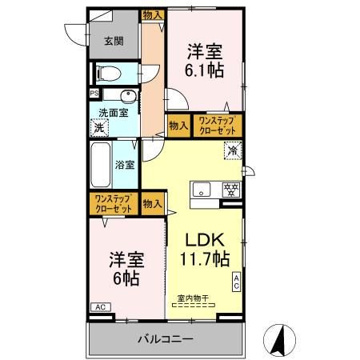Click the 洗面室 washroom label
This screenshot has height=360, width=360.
114,113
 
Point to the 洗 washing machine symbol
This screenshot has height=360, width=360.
99,127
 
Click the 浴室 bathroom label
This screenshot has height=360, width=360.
125,166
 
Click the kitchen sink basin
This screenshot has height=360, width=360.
202,190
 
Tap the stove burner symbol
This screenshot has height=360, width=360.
230,190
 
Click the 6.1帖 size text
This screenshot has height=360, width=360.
205,70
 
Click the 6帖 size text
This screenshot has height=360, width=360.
125,278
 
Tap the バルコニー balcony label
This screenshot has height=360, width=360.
165,339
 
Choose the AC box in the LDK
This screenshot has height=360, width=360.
238,282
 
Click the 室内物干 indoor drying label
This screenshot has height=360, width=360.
193,298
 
